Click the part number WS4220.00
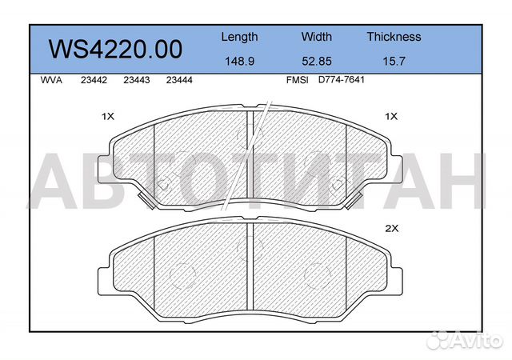(116, 49)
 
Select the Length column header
(239, 37)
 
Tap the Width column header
(317, 37)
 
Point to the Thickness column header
(394, 37)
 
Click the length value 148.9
(239, 60)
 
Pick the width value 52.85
(317, 60)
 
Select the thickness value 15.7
(394, 60)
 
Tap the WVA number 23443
(137, 80)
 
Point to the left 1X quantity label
(108, 117)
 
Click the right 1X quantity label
(391, 117)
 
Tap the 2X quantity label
(391, 229)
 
